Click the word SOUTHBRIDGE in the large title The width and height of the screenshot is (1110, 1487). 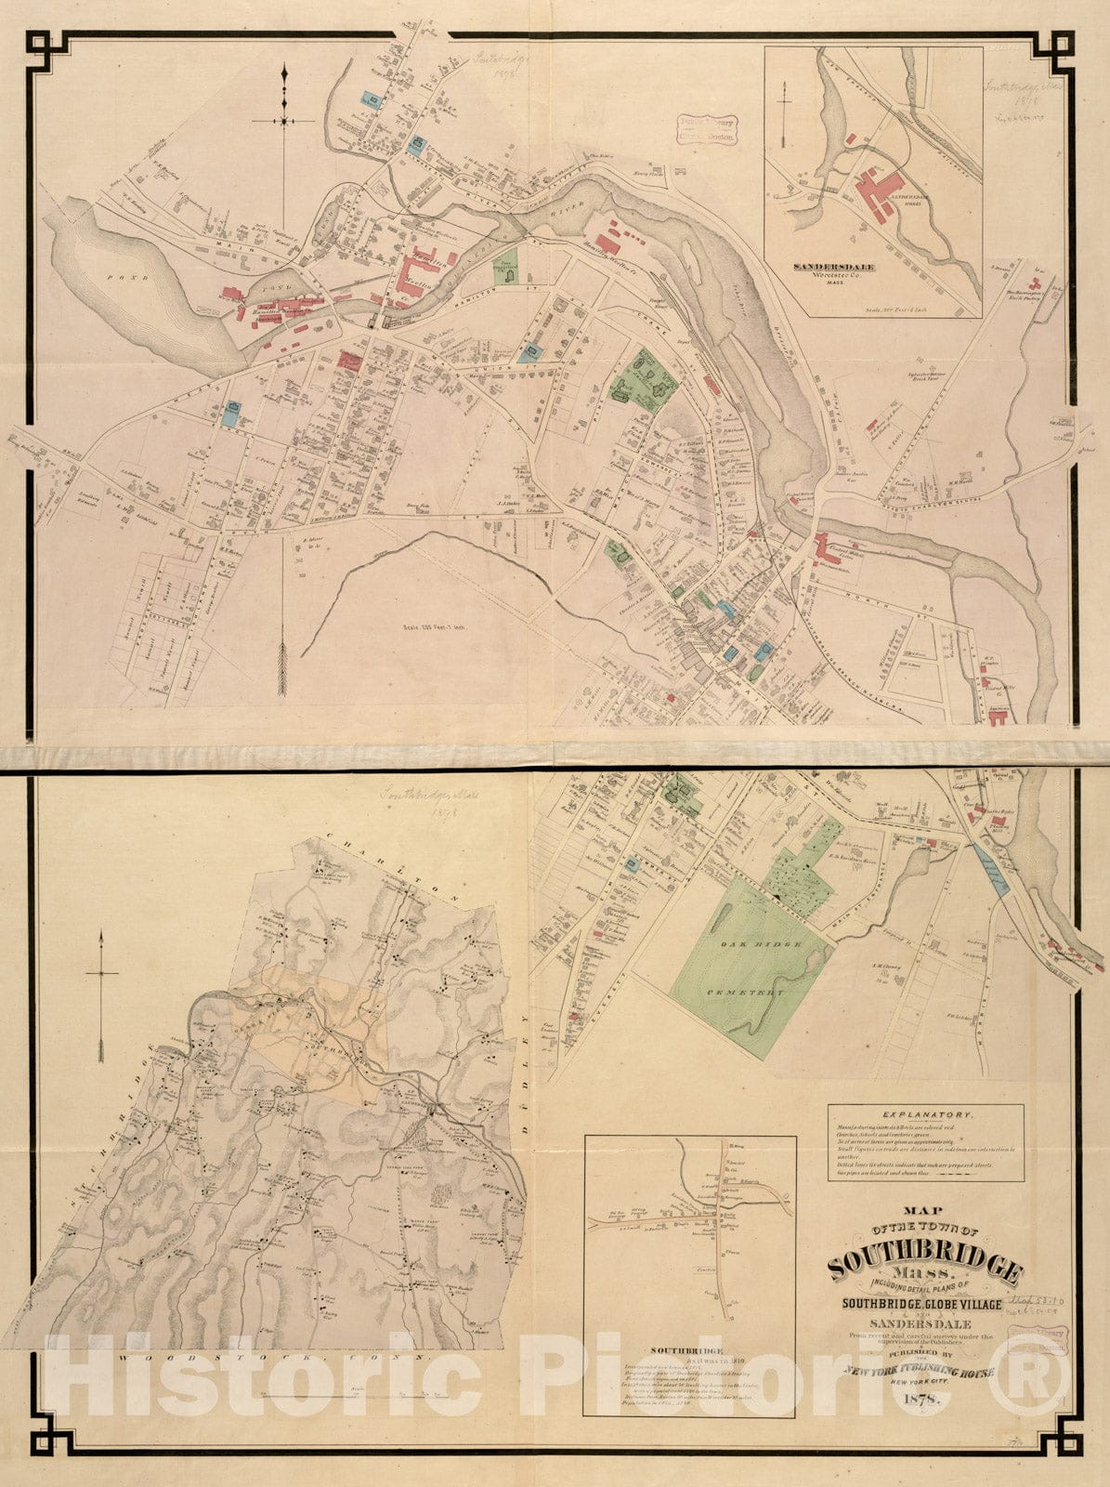tap(925, 1266)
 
